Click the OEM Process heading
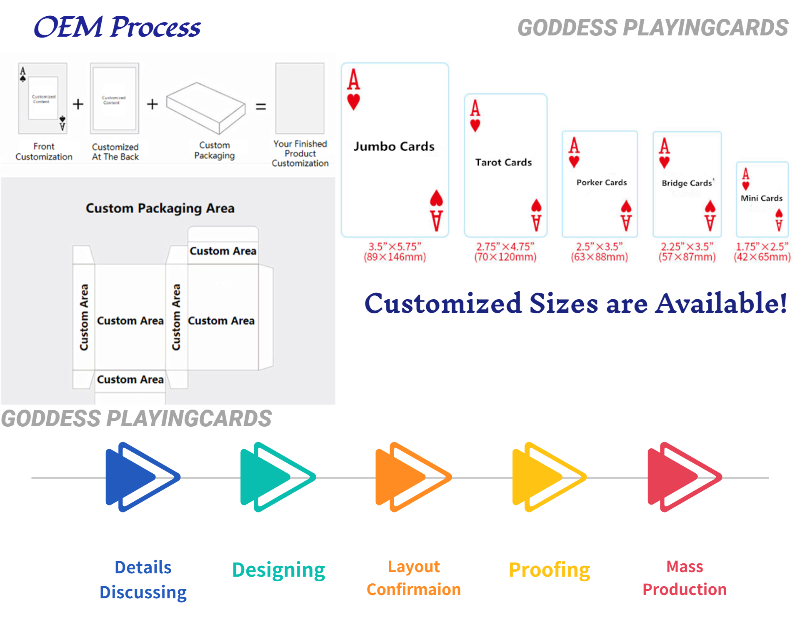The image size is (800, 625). pyautogui.click(x=117, y=27)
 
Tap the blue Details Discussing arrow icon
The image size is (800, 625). pyautogui.click(x=142, y=477)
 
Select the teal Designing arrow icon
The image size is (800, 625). pyautogui.click(x=277, y=477)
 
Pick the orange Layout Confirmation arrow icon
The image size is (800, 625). pyautogui.click(x=412, y=477)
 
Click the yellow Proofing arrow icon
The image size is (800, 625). pyautogui.click(x=548, y=477)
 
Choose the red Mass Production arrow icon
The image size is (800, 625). pyautogui.click(x=684, y=477)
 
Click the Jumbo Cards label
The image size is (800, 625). pyautogui.click(x=394, y=147)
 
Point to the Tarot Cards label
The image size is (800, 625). pyautogui.click(x=503, y=162)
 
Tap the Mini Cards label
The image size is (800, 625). pyautogui.click(x=761, y=198)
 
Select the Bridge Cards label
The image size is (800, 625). pyautogui.click(x=687, y=183)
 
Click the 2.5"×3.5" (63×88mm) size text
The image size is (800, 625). pyautogui.click(x=599, y=252)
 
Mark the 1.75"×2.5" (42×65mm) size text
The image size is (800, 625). pyautogui.click(x=762, y=252)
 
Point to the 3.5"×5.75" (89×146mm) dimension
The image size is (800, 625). pyautogui.click(x=395, y=252)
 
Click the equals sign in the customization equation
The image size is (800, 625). pyautogui.click(x=261, y=107)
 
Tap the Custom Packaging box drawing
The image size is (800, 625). pyautogui.click(x=206, y=107)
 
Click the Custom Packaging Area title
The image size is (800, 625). pyautogui.click(x=160, y=208)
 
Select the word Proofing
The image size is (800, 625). pyautogui.click(x=549, y=570)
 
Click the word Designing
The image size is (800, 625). pyautogui.click(x=278, y=570)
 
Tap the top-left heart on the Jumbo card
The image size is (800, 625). pyautogui.click(x=353, y=102)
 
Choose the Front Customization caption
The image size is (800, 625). pyautogui.click(x=44, y=152)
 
